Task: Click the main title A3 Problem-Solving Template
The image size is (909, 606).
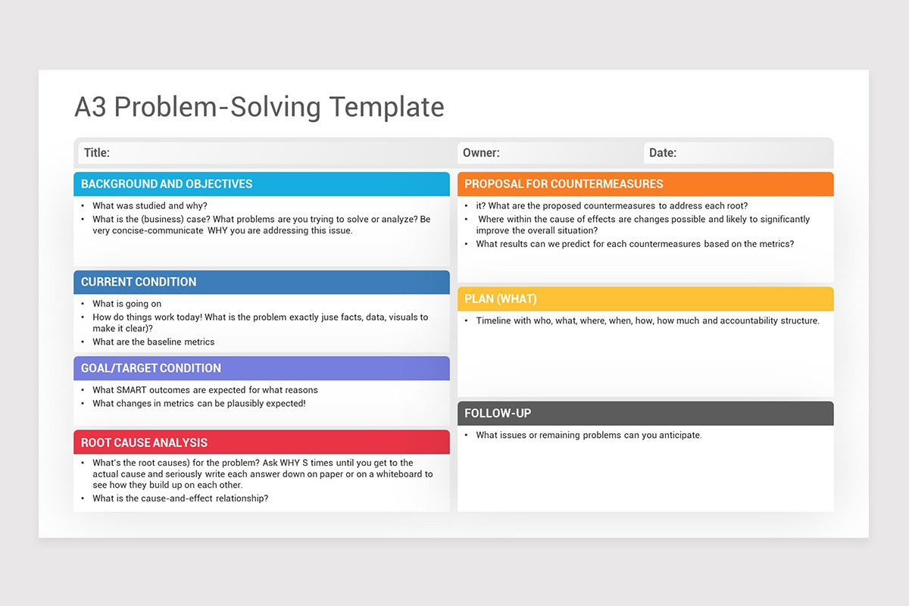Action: click(259, 107)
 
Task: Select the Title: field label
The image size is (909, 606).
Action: click(97, 153)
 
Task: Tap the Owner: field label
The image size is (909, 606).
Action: click(481, 153)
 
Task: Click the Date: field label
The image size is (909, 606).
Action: click(663, 153)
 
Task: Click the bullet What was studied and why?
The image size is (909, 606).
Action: click(150, 206)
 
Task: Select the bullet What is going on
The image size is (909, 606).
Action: click(127, 304)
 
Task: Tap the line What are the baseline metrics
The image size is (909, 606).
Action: click(154, 342)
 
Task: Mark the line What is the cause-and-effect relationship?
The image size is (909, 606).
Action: click(180, 498)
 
